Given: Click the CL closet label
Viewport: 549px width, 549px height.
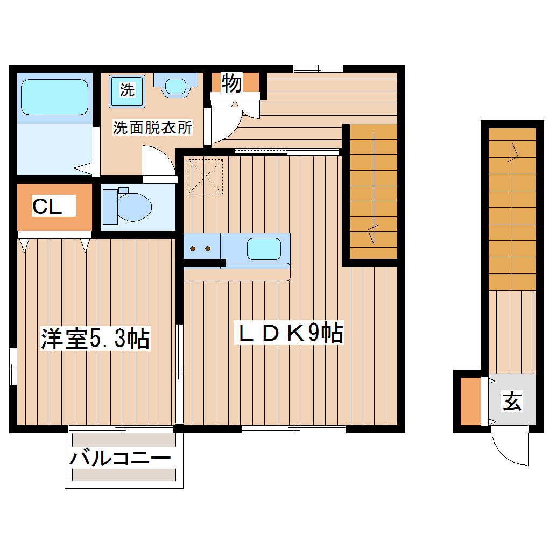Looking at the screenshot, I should tap(47, 207).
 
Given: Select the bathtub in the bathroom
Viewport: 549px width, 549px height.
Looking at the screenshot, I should tap(53, 97).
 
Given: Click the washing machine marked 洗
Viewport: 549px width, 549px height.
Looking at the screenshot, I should tap(128, 90).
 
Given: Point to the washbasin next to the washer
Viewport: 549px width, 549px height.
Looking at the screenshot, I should tap(174, 86).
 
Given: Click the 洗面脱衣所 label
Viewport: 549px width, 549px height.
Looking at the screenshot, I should tap(152, 128).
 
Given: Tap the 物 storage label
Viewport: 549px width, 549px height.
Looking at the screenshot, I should tap(232, 83).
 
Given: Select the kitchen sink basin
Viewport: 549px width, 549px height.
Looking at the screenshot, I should tap(263, 249).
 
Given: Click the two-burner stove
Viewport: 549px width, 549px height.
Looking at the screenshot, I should tap(200, 249).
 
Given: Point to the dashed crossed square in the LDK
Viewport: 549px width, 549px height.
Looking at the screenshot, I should tap(205, 175).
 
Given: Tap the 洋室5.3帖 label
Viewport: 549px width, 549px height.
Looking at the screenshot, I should tap(95, 339).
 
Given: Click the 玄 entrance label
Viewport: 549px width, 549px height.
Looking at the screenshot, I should tap(512, 401).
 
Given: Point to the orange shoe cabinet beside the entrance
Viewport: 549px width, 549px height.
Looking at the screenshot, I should tap(470, 402).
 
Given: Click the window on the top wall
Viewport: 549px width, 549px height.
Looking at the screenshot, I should tap(318, 68).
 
